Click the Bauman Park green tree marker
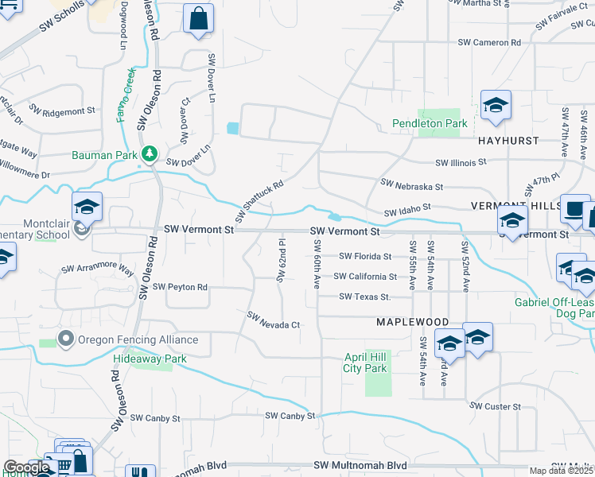(149, 153)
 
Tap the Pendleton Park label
(430, 124)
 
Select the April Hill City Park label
(364, 363)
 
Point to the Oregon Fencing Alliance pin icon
(66, 340)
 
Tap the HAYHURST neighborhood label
(508, 141)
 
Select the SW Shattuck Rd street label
(259, 201)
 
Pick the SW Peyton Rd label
(181, 286)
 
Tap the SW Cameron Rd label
(489, 42)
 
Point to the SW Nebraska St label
(411, 185)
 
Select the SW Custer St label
(495, 406)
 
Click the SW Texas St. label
(365, 297)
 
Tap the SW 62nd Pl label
(281, 260)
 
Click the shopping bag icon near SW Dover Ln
(197, 19)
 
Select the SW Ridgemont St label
(62, 111)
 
